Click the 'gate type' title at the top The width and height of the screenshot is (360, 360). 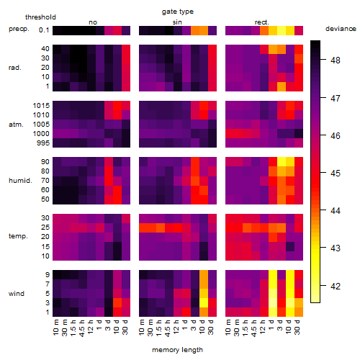coord(178,12)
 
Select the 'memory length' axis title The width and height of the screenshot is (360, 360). coord(177,350)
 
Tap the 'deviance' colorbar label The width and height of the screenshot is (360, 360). coord(341,29)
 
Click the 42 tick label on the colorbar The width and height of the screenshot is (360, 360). coord(336,286)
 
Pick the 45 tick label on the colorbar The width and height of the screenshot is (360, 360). coord(336,173)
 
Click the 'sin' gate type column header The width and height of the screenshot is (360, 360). coord(177,22)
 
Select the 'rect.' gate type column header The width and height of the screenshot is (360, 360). coord(262,22)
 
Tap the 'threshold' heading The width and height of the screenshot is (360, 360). coord(40,17)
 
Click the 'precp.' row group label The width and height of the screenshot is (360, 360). coord(19,29)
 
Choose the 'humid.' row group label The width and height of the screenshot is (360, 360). coord(20,181)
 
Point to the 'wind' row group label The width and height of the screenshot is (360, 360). coord(17,294)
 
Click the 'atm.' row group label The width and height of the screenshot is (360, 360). coord(16,125)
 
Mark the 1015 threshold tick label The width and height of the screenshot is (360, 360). coord(41,106)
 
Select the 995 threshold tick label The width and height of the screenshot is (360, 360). coord(43,143)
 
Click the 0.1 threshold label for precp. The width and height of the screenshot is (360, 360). coord(44,30)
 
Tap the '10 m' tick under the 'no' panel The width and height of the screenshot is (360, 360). coord(56,328)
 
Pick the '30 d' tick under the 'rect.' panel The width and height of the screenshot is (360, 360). coord(297,328)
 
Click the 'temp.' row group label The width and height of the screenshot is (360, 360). coord(18,236)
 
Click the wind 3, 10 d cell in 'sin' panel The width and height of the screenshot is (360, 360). coord(204,303)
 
